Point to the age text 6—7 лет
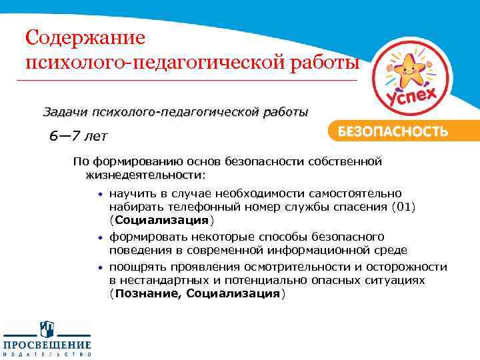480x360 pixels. [77, 137]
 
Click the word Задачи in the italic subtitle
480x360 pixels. [67, 111]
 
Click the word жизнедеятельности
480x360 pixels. [145, 174]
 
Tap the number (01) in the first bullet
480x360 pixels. [403, 207]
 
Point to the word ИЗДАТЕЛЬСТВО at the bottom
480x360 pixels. [47, 355]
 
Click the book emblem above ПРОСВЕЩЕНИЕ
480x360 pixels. [47, 329]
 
